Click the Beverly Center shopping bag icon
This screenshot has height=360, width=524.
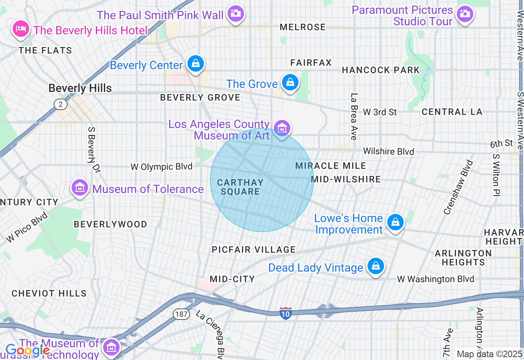point(196,64)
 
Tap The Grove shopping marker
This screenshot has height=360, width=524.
point(290,83)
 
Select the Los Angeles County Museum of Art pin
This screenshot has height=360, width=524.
point(282,128)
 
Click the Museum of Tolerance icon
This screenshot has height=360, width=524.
point(80,188)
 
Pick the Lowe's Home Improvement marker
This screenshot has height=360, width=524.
point(395,223)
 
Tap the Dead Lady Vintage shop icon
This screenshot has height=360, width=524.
point(375,266)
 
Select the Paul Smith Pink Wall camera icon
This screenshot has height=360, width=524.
point(235,13)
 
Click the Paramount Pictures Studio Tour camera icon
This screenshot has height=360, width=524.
point(465,14)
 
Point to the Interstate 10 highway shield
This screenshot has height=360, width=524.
point(285,313)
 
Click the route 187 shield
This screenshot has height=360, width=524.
point(181,314)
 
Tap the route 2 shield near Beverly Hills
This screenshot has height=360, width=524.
point(60,104)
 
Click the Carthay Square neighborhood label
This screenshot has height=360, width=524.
point(240,187)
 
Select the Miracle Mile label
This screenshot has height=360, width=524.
point(331,166)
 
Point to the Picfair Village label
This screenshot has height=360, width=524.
point(253,250)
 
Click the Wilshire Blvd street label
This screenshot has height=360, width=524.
point(388,151)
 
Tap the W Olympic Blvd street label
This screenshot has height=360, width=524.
point(161,167)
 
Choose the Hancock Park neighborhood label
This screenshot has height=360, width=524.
point(381,70)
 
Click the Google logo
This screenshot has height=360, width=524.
point(28,351)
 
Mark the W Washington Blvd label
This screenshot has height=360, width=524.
point(436,279)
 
